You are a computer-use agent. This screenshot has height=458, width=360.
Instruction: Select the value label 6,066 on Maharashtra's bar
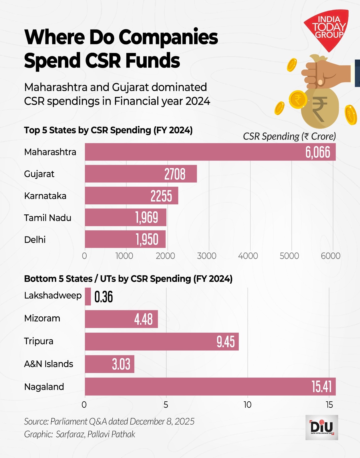(318, 152)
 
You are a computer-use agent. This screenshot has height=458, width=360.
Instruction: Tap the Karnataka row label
(45, 196)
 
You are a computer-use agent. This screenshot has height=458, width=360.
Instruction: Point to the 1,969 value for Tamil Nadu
(146, 218)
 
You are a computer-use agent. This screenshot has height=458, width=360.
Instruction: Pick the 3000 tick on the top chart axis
(207, 256)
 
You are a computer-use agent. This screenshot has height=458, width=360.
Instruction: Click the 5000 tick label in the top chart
(289, 256)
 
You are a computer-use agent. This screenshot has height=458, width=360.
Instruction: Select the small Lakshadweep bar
(88, 297)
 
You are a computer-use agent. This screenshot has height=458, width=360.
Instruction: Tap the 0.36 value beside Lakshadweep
(104, 297)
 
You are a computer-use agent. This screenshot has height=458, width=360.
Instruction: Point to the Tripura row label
(39, 341)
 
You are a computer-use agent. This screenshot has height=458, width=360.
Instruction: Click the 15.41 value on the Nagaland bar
(321, 387)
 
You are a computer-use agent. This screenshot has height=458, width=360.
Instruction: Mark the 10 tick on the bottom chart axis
(247, 405)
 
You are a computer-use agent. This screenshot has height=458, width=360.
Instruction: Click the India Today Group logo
(327, 29)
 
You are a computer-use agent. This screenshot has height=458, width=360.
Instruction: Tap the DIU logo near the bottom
(322, 427)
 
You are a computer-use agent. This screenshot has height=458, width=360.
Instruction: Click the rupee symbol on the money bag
(319, 109)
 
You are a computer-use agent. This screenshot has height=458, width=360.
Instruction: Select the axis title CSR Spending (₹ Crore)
(289, 136)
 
